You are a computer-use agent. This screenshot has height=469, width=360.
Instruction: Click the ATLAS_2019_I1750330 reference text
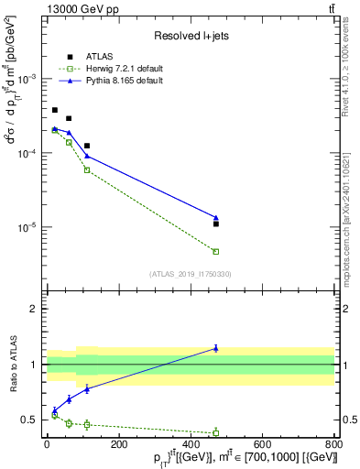[190, 273]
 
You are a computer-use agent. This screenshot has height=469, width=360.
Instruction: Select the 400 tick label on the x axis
[191, 446]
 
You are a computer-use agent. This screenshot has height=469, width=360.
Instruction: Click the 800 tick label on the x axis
[334, 446]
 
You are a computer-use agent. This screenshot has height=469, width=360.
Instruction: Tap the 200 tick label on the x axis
[118, 446]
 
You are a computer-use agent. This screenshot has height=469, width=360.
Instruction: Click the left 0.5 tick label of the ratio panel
[29, 420]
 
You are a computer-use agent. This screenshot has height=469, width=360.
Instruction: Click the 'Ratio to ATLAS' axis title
[13, 365]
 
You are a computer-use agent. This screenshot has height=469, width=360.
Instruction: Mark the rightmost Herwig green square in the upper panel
[216, 251]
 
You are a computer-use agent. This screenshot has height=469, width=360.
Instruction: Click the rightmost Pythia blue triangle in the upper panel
[216, 218]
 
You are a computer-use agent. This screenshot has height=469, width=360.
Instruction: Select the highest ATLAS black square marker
[55, 110]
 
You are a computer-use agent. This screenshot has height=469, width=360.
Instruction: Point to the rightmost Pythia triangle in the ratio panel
[216, 348]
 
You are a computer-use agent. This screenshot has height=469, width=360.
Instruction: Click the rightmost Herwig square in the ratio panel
[216, 432]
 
